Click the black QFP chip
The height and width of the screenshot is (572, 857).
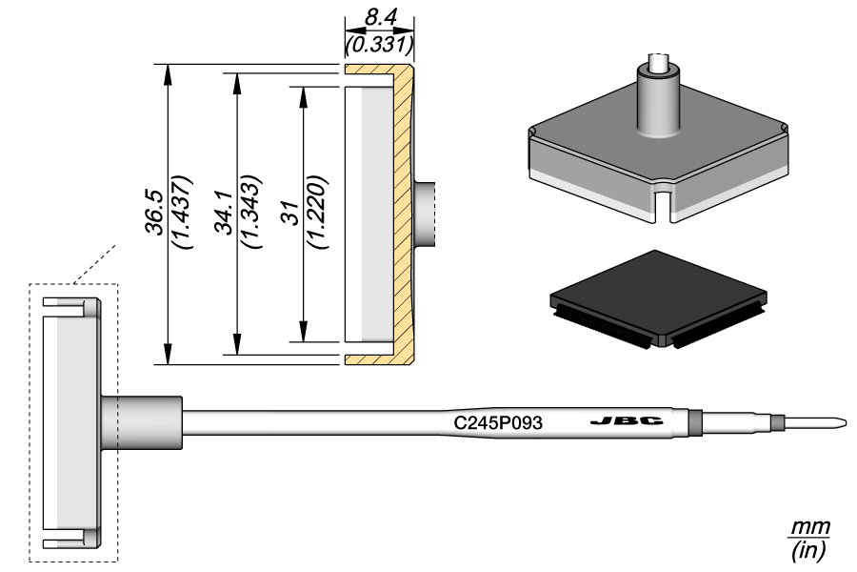[x=658, y=295]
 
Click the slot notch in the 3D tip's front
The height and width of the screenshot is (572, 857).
[x=660, y=205]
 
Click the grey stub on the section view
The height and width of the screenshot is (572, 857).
[x=427, y=214]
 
